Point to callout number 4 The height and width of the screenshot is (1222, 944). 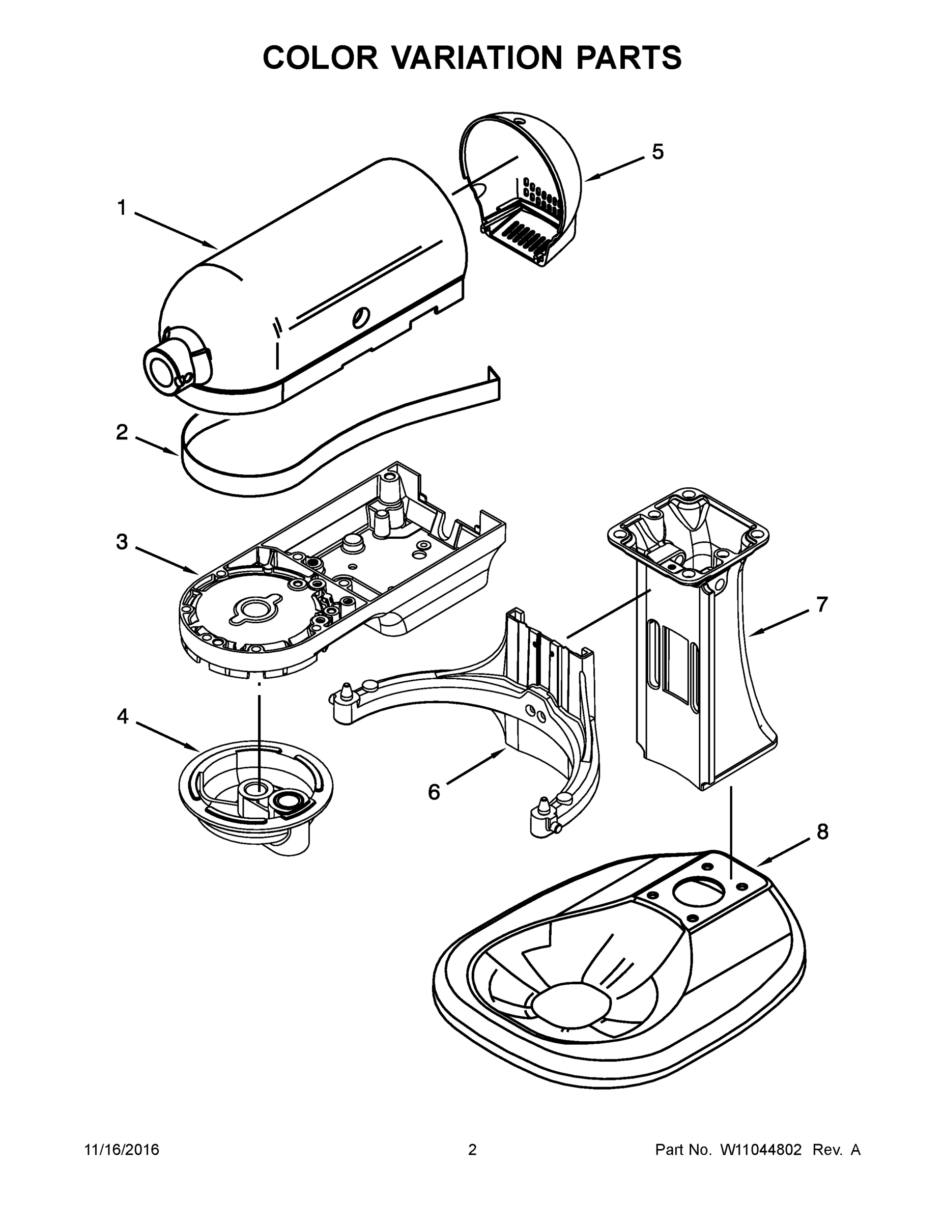pos(123,716)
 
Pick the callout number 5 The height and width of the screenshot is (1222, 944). pos(657,152)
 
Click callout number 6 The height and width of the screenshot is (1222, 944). pos(434,792)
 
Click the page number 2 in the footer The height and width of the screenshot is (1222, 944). pos(472,1150)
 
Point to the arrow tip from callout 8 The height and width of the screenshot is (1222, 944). pos(759,865)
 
